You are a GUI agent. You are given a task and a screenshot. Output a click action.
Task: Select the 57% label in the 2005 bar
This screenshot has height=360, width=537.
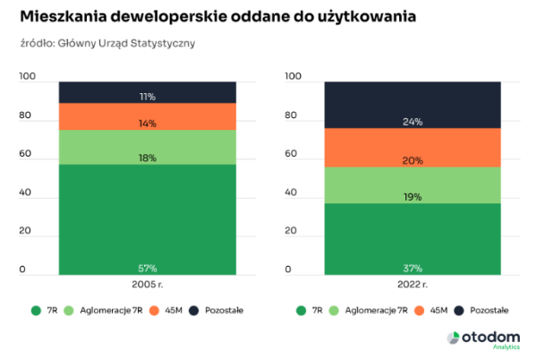pyautogui.click(x=147, y=268)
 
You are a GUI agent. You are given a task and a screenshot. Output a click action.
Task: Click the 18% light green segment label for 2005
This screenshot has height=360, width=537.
pyautogui.click(x=147, y=158)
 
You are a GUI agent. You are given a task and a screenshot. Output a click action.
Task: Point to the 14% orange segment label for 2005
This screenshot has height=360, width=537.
pyautogui.click(x=147, y=124)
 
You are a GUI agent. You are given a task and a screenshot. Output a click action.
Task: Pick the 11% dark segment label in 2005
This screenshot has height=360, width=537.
pyautogui.click(x=147, y=96)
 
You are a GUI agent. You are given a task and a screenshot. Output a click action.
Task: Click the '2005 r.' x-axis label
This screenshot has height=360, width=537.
pyautogui.click(x=147, y=284)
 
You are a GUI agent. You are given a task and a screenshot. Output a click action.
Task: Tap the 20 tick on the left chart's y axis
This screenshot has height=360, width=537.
pyautogui.click(x=24, y=231)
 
